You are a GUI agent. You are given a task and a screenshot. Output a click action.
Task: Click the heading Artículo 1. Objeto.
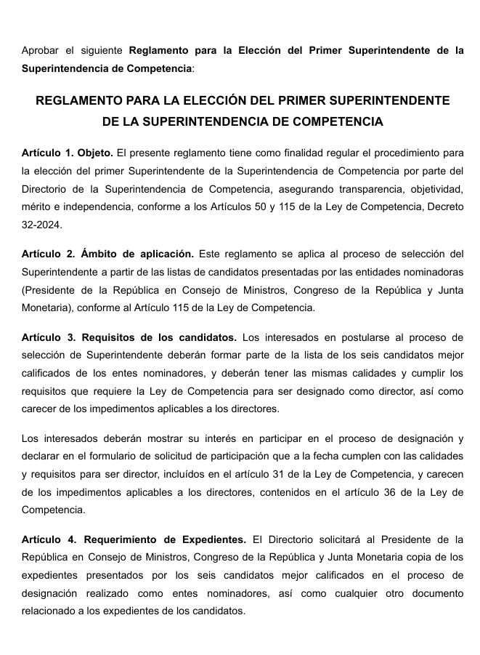(68, 153)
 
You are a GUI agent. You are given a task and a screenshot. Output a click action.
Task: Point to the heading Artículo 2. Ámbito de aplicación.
(107, 254)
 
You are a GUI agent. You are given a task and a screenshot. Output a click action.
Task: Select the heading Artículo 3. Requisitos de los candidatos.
(129, 337)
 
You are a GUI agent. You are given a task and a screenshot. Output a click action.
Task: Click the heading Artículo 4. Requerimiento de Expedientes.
(134, 539)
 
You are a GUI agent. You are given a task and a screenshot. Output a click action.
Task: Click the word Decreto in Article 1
(444, 207)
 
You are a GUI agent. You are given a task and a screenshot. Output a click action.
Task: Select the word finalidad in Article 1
(229, 153)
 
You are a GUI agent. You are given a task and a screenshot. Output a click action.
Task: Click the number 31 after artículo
(317, 474)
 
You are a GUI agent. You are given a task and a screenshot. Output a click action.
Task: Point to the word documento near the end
(434, 593)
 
